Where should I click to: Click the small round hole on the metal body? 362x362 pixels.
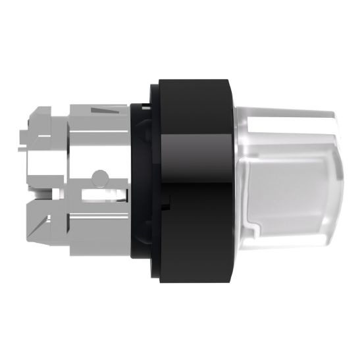99,176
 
